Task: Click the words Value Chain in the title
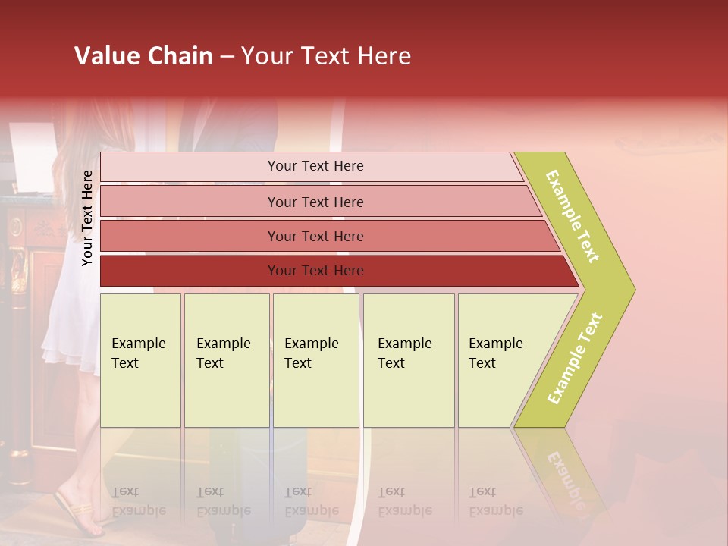(x=143, y=56)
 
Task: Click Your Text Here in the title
(x=326, y=56)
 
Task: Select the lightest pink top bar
(x=315, y=166)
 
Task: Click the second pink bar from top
(x=315, y=202)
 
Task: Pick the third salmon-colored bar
(x=315, y=236)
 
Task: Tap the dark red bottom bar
(x=315, y=271)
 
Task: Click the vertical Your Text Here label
(x=87, y=218)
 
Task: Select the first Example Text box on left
(x=140, y=360)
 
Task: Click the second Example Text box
(x=226, y=360)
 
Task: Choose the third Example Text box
(x=315, y=360)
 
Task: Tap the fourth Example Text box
(x=408, y=360)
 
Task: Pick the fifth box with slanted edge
(x=500, y=360)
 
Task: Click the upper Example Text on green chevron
(x=573, y=216)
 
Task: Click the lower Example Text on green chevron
(x=575, y=358)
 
